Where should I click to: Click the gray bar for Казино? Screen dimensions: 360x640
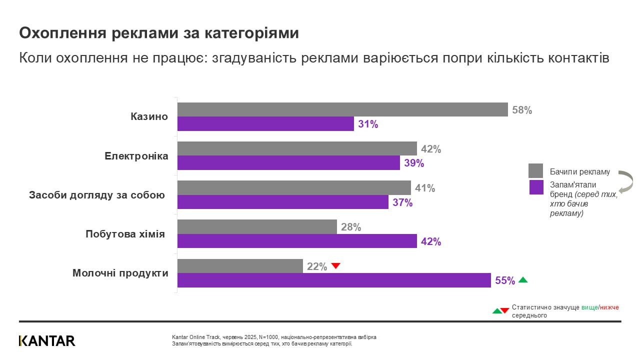click(x=342, y=109)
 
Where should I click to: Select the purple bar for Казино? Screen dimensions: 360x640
click(x=265, y=124)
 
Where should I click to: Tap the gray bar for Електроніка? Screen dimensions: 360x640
click(x=297, y=148)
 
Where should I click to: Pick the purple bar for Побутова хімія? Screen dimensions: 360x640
click(x=297, y=241)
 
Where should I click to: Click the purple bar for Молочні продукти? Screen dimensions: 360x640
click(x=334, y=280)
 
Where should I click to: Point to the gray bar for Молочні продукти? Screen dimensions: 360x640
click(x=240, y=266)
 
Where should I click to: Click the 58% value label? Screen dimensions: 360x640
click(x=522, y=110)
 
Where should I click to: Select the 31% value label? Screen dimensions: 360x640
click(x=368, y=124)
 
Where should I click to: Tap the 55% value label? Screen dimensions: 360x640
click(x=505, y=280)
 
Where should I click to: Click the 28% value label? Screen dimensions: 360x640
click(x=351, y=227)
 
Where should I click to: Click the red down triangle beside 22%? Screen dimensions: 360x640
click(x=336, y=266)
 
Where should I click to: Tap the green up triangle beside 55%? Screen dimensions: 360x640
click(x=523, y=280)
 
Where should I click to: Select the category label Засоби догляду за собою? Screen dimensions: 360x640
click(x=97, y=195)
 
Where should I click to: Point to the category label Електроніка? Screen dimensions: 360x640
click(x=136, y=156)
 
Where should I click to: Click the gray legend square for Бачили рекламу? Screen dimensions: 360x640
click(x=535, y=171)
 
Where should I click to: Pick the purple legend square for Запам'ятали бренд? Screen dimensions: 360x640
click(x=535, y=187)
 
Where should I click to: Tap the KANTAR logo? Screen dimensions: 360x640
click(x=47, y=341)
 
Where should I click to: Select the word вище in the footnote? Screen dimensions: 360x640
click(x=589, y=307)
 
